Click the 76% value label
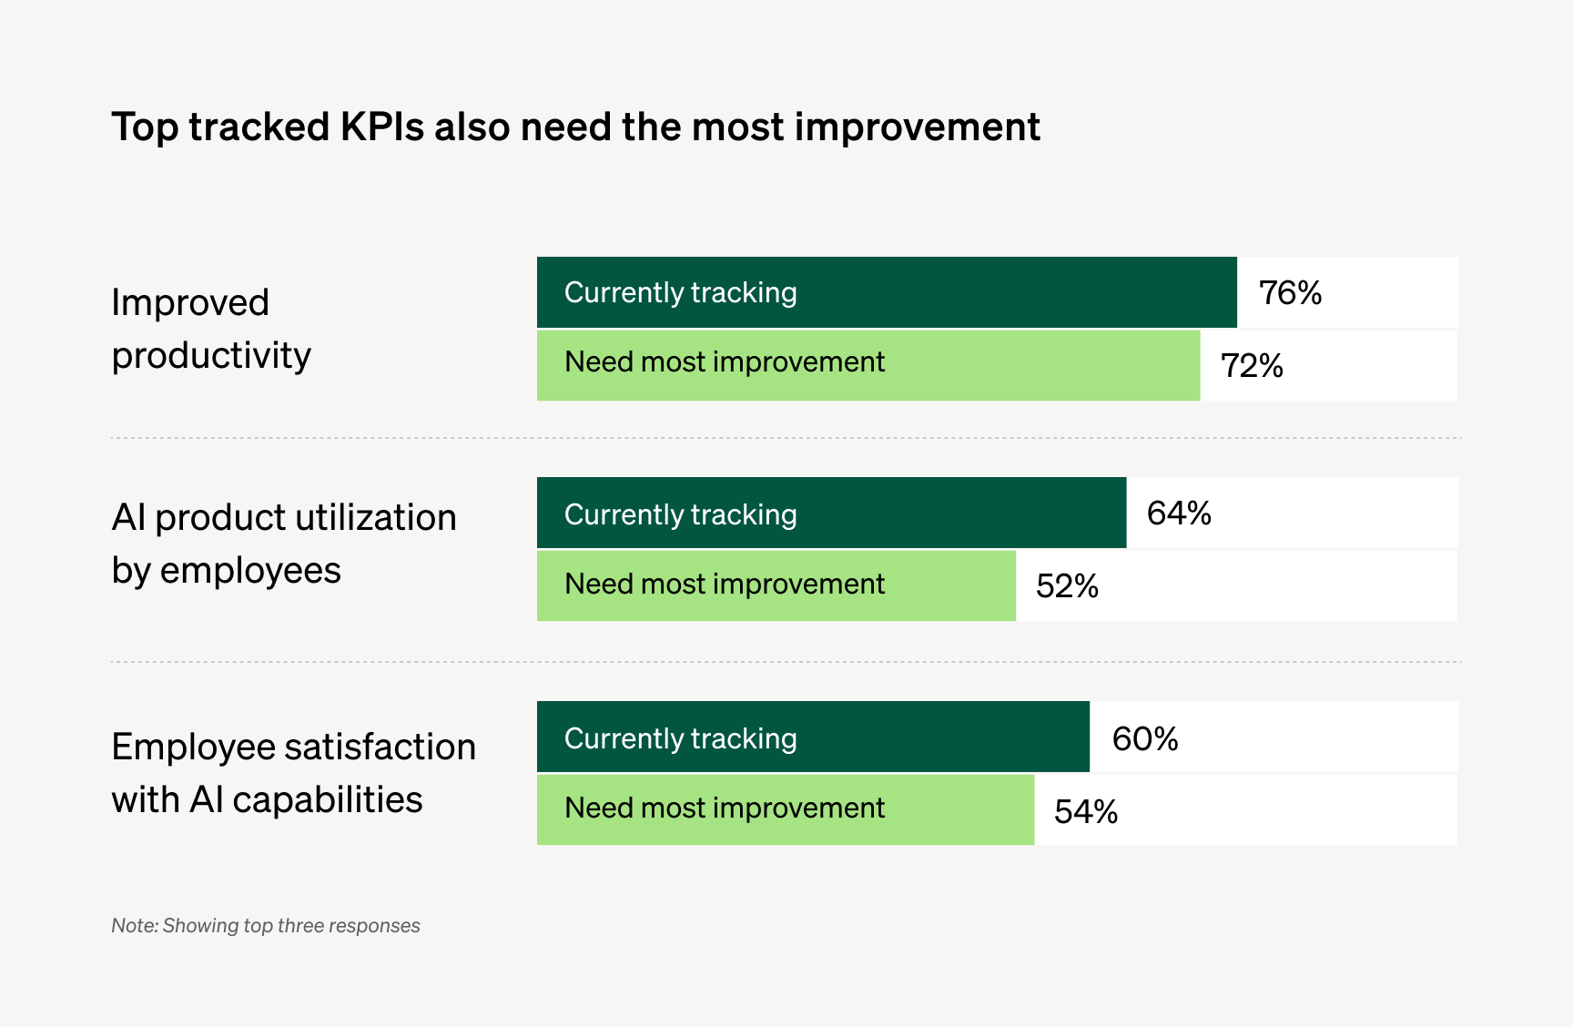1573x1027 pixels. [x=1290, y=293]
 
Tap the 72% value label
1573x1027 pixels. [x=1252, y=366]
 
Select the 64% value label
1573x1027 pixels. [x=1179, y=513]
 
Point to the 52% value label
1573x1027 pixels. [x=1067, y=586]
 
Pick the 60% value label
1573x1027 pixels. [x=1145, y=738]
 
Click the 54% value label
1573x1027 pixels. [x=1086, y=811]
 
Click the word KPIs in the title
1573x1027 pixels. [x=381, y=127]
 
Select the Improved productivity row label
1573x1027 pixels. [x=211, y=329]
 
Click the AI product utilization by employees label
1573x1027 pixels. [x=283, y=544]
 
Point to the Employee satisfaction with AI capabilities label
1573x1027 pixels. [x=293, y=773]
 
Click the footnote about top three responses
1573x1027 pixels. [x=265, y=926]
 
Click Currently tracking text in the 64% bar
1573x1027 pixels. [x=680, y=514]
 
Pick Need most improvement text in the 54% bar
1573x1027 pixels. [x=724, y=808]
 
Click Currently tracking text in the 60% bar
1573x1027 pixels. [x=680, y=738]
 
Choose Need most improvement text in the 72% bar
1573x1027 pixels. [x=724, y=362]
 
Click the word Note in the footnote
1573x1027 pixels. [x=134, y=926]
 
